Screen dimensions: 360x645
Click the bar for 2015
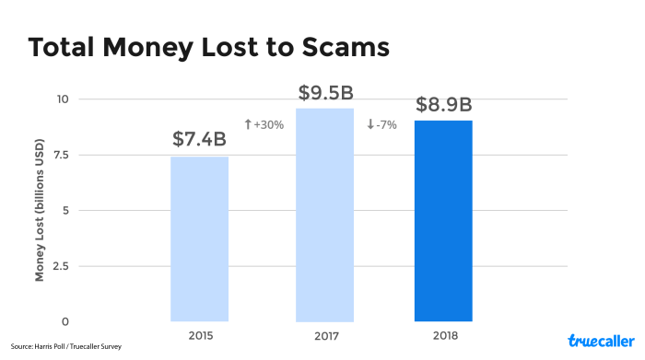199,238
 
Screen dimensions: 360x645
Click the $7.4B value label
199,140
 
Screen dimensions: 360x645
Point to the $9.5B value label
326,93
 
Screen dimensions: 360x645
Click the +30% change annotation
264,124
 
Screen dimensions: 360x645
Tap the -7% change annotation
381,124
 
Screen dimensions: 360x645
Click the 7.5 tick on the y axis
62,155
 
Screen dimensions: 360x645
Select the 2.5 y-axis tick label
62,266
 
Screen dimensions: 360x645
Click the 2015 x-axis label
199,334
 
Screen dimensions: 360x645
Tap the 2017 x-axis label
324,334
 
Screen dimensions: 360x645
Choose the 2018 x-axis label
444,334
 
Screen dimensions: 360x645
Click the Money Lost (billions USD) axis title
41,211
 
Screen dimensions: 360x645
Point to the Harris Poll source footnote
65,347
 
